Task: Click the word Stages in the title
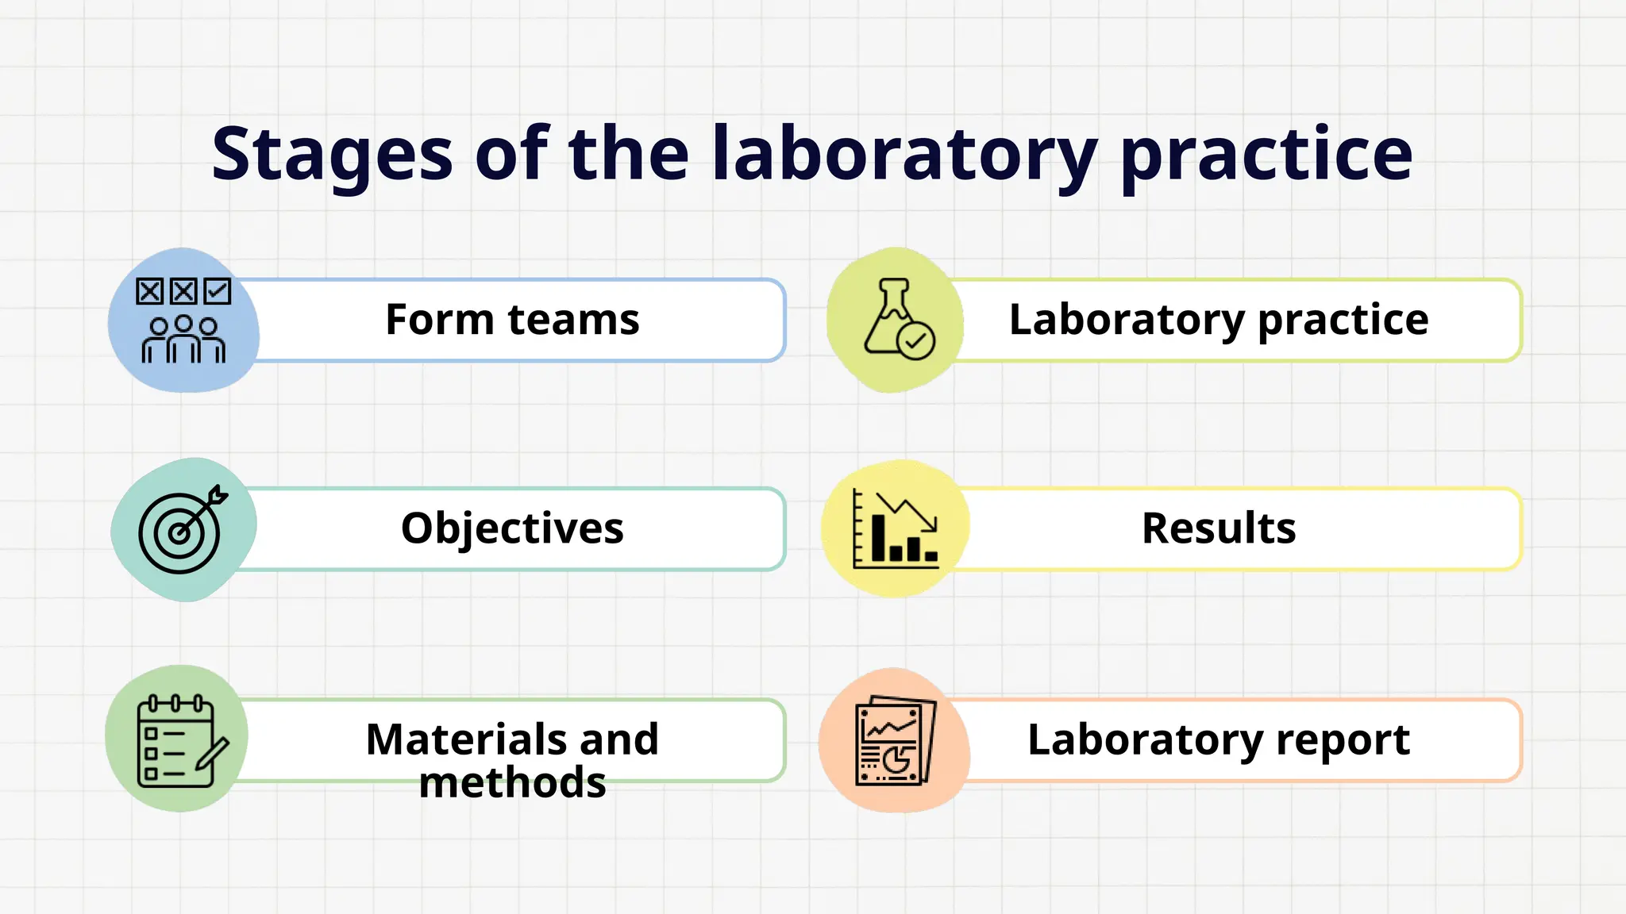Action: pos(332,155)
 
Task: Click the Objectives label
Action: pos(512,528)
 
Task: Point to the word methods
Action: pos(512,783)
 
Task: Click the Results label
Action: pos(1219,528)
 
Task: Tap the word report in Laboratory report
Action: pos(1343,740)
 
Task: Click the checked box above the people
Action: pos(217,291)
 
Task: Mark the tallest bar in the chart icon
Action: pos(878,538)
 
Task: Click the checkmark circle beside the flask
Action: pos(916,341)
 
